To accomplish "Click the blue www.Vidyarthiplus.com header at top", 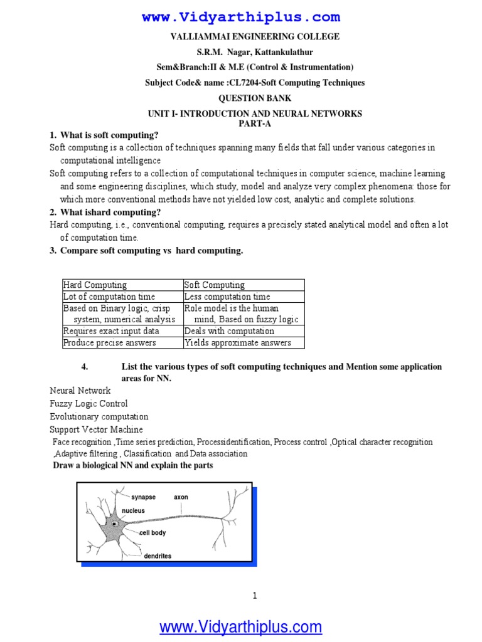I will click(x=241, y=17).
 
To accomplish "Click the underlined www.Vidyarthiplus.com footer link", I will click(x=241, y=626).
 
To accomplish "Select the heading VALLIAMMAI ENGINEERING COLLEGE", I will click(x=255, y=37).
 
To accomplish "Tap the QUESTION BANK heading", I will click(x=254, y=98).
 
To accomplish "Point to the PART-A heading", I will click(x=254, y=123).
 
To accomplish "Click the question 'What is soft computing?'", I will click(x=109, y=135).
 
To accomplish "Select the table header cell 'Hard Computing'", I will click(x=95, y=285).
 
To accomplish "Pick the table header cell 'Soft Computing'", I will click(x=215, y=285).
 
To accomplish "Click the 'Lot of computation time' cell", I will click(x=109, y=297).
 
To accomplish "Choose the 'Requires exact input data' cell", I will click(x=111, y=331).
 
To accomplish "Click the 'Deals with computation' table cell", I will click(x=229, y=331).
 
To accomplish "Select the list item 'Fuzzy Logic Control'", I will click(x=88, y=404).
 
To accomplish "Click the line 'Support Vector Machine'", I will click(x=96, y=429).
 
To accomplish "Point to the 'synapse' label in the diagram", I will click(x=143, y=497).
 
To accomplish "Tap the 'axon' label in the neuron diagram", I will click(x=181, y=497).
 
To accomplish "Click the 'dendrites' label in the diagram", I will click(x=158, y=555).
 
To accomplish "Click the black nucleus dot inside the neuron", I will click(x=114, y=524).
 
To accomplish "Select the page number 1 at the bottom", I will click(x=255, y=596).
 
